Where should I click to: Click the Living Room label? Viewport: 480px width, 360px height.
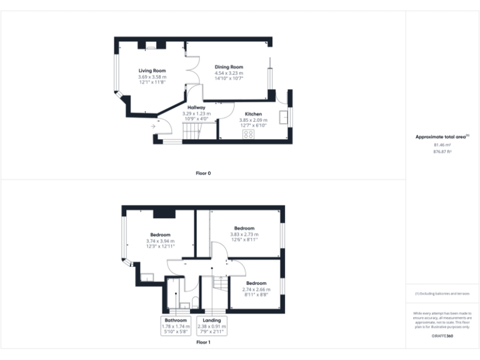pyautogui.click(x=151, y=71)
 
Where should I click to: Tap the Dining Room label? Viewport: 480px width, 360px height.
pyautogui.click(x=229, y=67)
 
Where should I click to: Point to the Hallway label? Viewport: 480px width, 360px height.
pyautogui.click(x=196, y=107)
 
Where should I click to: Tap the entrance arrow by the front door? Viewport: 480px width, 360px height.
pyautogui.click(x=154, y=127)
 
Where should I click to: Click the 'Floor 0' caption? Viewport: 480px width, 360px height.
pyautogui.click(x=202, y=173)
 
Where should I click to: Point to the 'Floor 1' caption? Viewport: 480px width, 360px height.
pyautogui.click(x=202, y=342)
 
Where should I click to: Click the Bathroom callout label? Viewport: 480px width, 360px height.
pyautogui.click(x=176, y=320)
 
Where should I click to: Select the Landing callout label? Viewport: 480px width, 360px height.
pyautogui.click(x=211, y=320)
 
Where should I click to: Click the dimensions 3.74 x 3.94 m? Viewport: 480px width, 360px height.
pyautogui.click(x=161, y=241)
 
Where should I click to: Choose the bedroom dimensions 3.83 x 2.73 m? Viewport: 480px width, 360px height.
pyautogui.click(x=244, y=234)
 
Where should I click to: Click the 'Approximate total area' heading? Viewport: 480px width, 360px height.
pyautogui.click(x=442, y=136)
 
